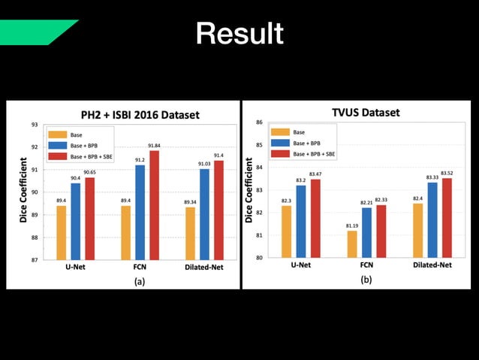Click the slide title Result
[239, 33]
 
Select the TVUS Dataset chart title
[366, 113]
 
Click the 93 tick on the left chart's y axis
[35, 125]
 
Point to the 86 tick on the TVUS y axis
[259, 123]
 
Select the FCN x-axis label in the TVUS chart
[365, 265]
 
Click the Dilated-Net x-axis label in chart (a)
[203, 267]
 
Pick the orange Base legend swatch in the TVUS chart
[282, 132]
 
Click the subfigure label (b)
[366, 279]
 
